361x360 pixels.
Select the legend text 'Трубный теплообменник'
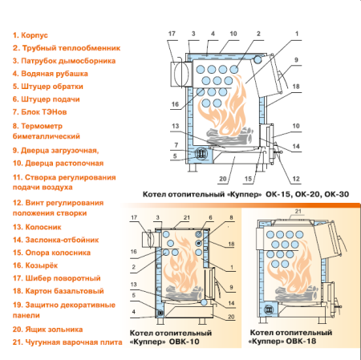(64, 47)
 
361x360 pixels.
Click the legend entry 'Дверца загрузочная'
(55, 150)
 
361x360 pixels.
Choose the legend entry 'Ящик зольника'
(47, 329)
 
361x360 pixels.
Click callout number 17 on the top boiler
(172, 33)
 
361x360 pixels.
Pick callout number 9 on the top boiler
(295, 60)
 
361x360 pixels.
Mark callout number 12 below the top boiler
(296, 178)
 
